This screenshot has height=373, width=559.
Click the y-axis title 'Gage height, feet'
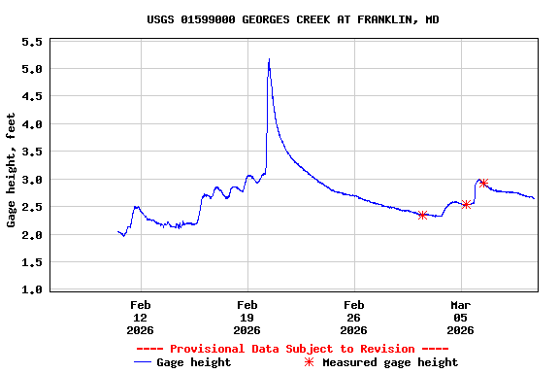tap(12, 170)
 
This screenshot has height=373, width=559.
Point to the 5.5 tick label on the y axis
tap(31, 42)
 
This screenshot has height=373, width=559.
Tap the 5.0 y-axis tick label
tap(31, 70)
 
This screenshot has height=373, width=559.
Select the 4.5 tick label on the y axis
tap(31, 97)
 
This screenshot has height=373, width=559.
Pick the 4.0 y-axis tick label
tap(31, 124)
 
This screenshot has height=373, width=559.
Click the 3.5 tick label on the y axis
tap(31, 153)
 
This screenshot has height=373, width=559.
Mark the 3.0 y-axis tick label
tap(31, 180)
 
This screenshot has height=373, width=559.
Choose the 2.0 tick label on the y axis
tap(31, 235)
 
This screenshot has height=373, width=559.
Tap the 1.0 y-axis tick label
tap(31, 289)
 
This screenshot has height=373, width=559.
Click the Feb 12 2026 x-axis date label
tap(140, 317)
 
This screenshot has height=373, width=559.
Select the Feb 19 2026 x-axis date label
tap(247, 317)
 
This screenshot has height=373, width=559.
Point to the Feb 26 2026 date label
tap(353, 317)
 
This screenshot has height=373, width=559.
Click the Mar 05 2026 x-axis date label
tap(460, 317)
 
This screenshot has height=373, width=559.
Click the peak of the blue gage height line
tap(269, 59)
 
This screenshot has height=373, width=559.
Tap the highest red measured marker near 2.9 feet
tap(482, 183)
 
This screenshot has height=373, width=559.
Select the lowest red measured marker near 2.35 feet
tap(422, 215)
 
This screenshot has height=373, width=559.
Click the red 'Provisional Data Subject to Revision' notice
tap(292, 349)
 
